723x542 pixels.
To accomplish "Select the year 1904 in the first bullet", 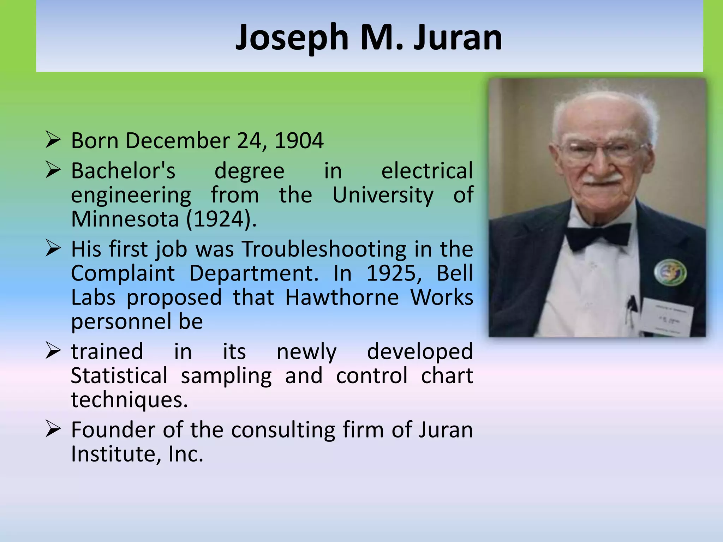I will [299, 141].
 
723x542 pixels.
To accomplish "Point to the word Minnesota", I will [125, 219].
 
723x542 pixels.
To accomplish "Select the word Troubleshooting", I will [324, 249].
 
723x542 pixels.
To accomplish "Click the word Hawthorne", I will [342, 297].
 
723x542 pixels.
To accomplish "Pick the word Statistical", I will [119, 375].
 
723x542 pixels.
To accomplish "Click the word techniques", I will [129, 400].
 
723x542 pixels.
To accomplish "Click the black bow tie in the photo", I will [598, 236].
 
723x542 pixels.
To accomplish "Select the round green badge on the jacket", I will [670, 272].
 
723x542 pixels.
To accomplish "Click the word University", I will [383, 195].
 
